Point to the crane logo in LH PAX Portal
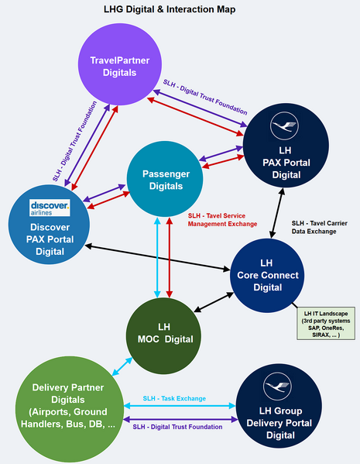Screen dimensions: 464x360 coord(283,125)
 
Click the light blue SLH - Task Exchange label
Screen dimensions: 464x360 coord(174,398)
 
